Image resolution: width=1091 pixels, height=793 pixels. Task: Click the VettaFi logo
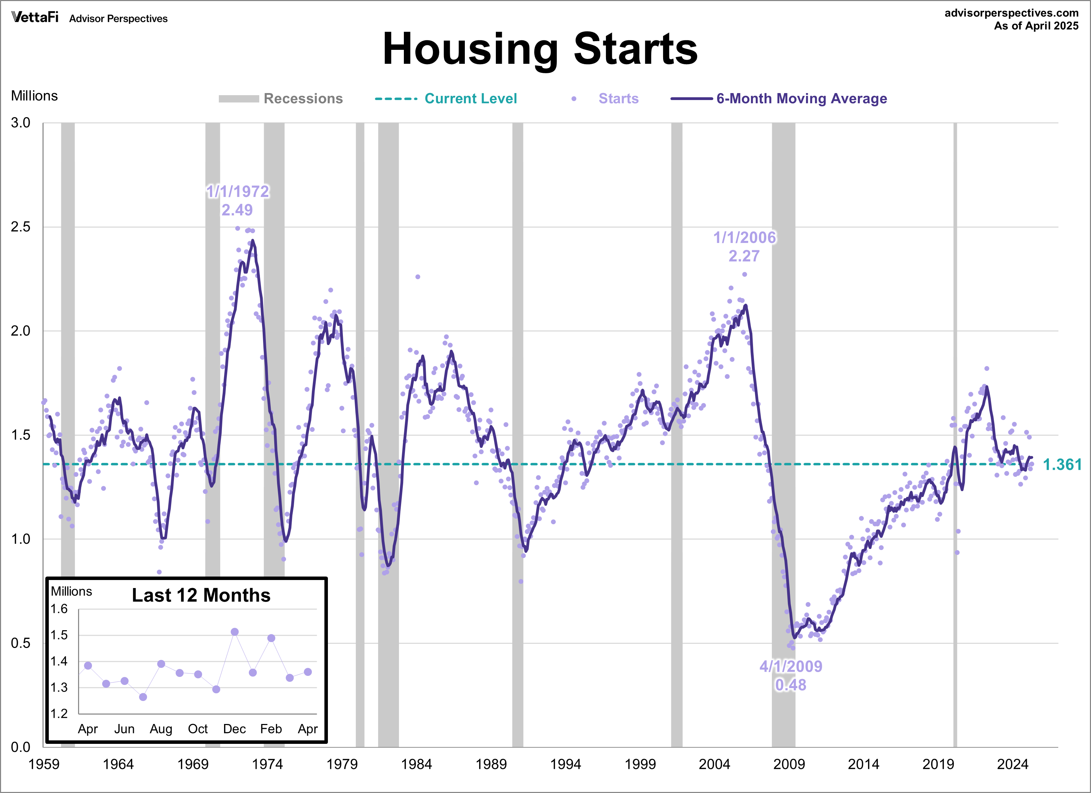pyautogui.click(x=34, y=17)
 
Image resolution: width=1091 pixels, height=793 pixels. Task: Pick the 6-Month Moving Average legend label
pyautogui.click(x=801, y=99)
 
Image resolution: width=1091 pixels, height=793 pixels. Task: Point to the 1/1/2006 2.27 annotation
pyautogui.click(x=744, y=246)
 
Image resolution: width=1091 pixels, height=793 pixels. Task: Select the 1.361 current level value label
pyautogui.click(x=1062, y=465)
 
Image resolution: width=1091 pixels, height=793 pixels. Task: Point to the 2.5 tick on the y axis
pyautogui.click(x=20, y=227)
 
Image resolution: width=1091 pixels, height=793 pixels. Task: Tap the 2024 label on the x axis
pyautogui.click(x=1012, y=764)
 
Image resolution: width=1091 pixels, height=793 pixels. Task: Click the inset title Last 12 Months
pyautogui.click(x=201, y=595)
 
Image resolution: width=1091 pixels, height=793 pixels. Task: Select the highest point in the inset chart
pyautogui.click(x=234, y=632)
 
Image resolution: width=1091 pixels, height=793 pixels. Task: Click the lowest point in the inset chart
pyautogui.click(x=143, y=697)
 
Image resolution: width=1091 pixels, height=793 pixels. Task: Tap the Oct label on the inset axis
pyautogui.click(x=198, y=729)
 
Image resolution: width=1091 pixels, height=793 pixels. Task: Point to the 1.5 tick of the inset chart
pyautogui.click(x=59, y=635)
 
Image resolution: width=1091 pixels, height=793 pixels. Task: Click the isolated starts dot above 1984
pyautogui.click(x=417, y=277)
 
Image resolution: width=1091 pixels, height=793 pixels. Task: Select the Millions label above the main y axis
pyautogui.click(x=34, y=96)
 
